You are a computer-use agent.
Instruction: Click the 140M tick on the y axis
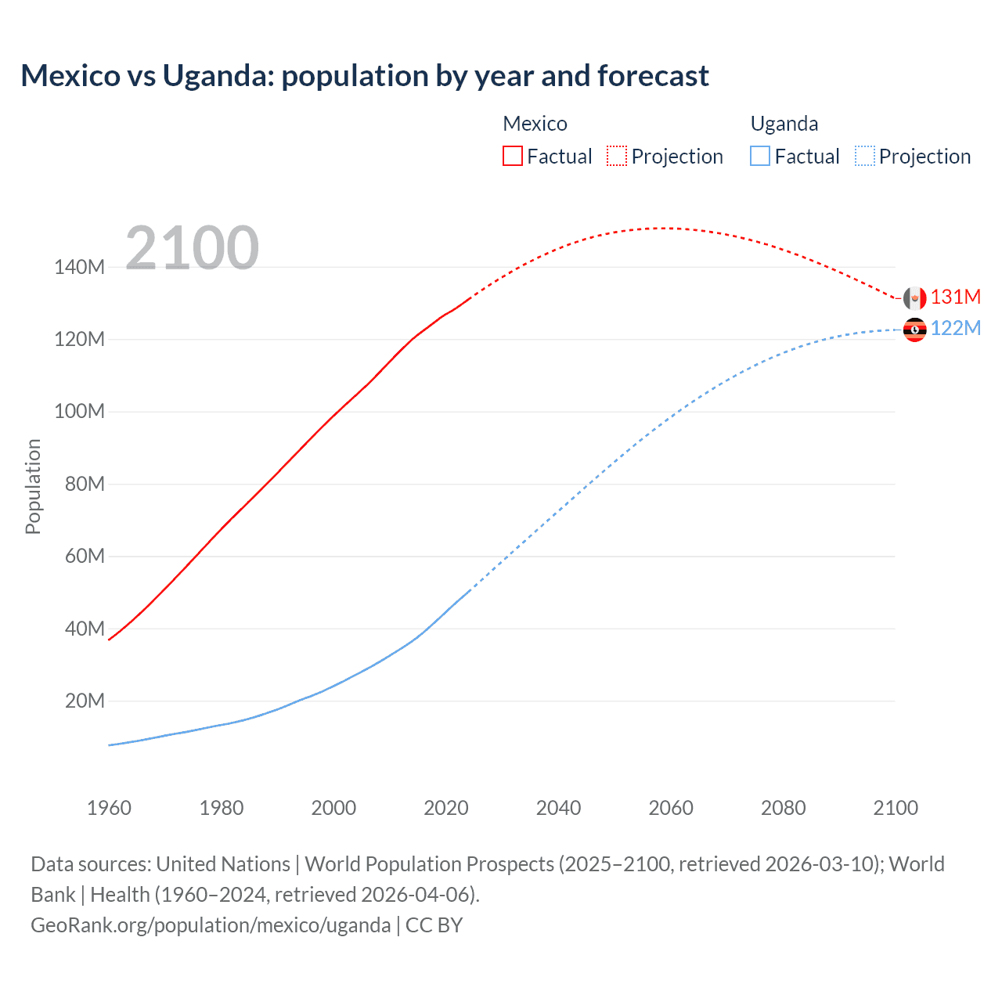coord(79,267)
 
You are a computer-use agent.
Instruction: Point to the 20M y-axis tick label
coord(85,701)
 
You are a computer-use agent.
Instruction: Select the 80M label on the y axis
coord(85,484)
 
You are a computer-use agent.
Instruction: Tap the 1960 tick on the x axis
coord(109,808)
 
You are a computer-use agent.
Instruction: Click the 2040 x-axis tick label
coord(558,808)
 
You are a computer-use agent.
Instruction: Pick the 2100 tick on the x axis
coord(895,808)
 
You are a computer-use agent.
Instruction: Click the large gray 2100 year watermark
coord(192,248)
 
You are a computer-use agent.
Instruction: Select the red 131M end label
coord(955,297)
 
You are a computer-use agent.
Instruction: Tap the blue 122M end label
coord(955,328)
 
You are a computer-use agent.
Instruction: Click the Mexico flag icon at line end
coord(914,298)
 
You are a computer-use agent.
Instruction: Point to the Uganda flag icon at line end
coord(914,330)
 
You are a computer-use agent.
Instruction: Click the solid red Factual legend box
coord(512,156)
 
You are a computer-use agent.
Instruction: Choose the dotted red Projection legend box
coord(617,156)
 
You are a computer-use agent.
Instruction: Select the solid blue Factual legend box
coord(759,156)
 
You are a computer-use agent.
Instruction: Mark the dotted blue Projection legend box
coord(864,156)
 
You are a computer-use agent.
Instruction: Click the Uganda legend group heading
coord(784,124)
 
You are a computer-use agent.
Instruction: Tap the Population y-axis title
coord(33,486)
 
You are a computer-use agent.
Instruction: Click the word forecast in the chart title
coord(653,76)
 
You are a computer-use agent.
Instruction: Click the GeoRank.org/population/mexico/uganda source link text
coord(211,925)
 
